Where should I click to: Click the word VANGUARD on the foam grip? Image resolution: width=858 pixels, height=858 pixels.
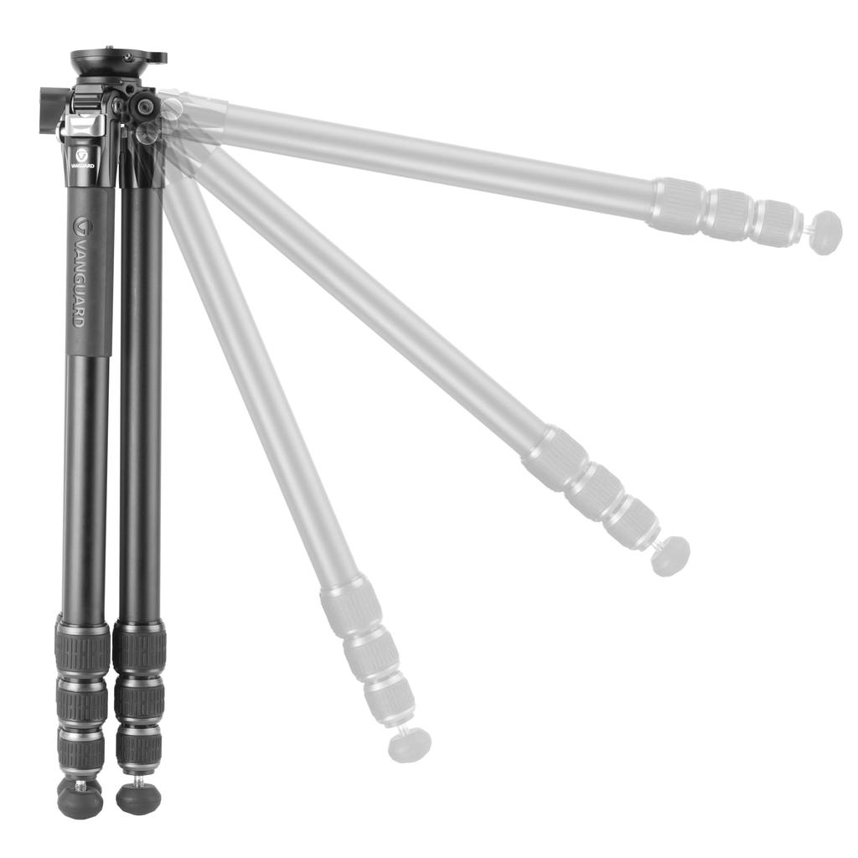(x=79, y=272)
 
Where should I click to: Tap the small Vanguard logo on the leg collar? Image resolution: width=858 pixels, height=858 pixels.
(x=82, y=157)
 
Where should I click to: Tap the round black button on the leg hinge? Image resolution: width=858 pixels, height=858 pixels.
(x=145, y=106)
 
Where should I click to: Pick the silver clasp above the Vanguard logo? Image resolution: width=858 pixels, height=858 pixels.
(x=83, y=127)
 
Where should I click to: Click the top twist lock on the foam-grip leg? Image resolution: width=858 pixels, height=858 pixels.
(x=82, y=648)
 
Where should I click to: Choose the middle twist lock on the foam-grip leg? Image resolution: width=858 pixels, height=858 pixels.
(x=81, y=701)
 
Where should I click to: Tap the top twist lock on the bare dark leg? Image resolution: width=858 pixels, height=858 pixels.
(x=139, y=648)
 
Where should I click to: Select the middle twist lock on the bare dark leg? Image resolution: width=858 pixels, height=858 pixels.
(x=138, y=700)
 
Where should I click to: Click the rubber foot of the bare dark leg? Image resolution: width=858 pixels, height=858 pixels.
(x=138, y=798)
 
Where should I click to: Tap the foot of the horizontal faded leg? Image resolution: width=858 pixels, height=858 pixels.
(x=826, y=232)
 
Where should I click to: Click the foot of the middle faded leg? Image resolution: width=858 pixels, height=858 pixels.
(x=670, y=556)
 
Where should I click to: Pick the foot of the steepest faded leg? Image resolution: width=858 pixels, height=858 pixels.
(x=411, y=744)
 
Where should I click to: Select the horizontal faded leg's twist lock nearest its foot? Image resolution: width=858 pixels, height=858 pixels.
(x=776, y=223)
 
